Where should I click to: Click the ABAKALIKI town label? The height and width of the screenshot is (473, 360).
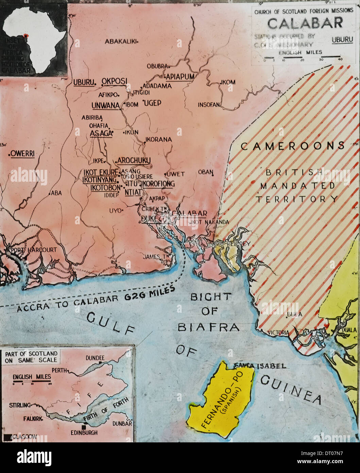(120, 42)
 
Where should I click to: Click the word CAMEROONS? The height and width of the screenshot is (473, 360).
(293, 146)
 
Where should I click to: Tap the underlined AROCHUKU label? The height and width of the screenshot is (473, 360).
(134, 160)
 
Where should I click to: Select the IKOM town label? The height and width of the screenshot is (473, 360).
(228, 82)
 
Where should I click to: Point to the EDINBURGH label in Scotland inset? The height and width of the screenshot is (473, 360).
(84, 433)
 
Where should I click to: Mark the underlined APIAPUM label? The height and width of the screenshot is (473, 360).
(180, 77)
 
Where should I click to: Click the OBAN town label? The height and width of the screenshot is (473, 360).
(205, 172)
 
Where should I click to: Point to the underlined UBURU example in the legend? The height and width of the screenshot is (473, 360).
(342, 39)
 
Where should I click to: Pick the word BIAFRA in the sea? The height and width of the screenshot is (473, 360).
(208, 327)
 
